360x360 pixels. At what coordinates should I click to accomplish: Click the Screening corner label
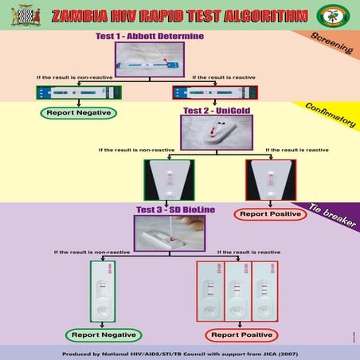(x=334, y=44)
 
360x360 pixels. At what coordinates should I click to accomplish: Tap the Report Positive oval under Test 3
(x=237, y=335)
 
